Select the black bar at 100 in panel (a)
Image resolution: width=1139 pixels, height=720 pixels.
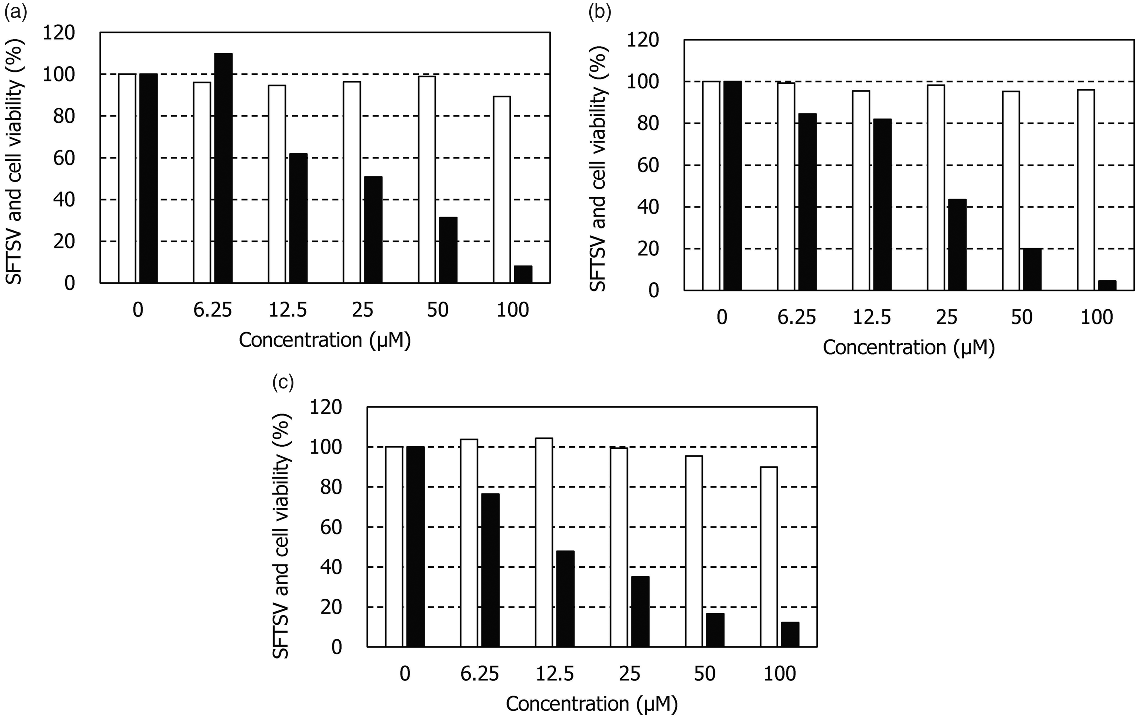(523, 274)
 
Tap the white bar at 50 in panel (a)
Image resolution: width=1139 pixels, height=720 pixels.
(427, 180)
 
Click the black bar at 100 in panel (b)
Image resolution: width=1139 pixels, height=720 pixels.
(1107, 285)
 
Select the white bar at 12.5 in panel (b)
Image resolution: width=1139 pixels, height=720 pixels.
(861, 190)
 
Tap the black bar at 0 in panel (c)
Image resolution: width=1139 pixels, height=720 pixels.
(415, 546)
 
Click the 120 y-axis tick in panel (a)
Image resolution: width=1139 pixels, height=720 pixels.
(59, 33)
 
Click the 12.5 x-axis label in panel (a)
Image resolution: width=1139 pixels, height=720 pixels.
(288, 310)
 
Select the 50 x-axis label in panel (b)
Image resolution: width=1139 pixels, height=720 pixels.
(1022, 317)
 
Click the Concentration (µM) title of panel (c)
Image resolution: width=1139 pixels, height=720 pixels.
(592, 704)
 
